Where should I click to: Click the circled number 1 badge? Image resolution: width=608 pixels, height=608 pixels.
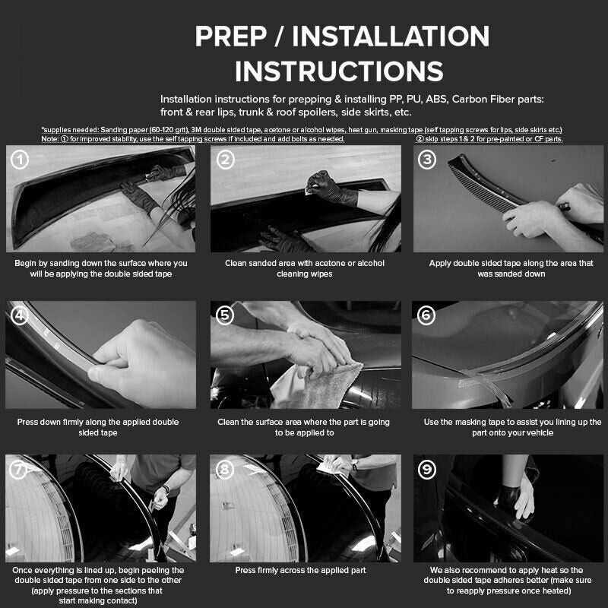(x=21, y=160)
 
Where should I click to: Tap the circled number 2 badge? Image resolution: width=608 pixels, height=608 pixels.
(x=224, y=160)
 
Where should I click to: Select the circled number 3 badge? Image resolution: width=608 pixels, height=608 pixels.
(x=428, y=160)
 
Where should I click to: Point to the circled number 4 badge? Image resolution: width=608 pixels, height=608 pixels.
(x=21, y=315)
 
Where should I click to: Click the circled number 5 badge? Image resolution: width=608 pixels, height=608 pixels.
(x=224, y=315)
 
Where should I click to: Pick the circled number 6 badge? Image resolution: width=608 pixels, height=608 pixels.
(x=428, y=315)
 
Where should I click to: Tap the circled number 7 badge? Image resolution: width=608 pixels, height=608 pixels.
(x=21, y=470)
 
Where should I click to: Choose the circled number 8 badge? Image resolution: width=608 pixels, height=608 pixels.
(x=224, y=470)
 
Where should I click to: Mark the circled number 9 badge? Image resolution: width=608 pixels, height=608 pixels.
(x=428, y=470)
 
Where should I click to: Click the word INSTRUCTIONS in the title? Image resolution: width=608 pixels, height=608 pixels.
(x=339, y=71)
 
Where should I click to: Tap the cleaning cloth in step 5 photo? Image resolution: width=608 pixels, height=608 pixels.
(x=319, y=384)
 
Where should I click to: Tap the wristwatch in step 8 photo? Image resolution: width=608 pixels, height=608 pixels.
(x=353, y=464)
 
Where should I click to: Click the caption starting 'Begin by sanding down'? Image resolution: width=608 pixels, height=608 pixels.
(x=100, y=268)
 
